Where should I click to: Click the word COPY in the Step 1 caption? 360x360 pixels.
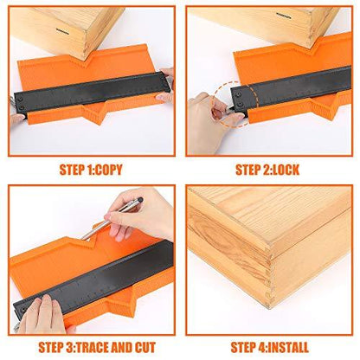coord(108,170)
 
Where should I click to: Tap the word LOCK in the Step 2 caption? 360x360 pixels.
coord(284,170)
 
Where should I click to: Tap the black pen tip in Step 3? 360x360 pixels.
coord(140,199)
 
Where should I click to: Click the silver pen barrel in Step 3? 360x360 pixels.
coord(110,220)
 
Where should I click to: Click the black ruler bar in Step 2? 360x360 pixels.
coord(292,88)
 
